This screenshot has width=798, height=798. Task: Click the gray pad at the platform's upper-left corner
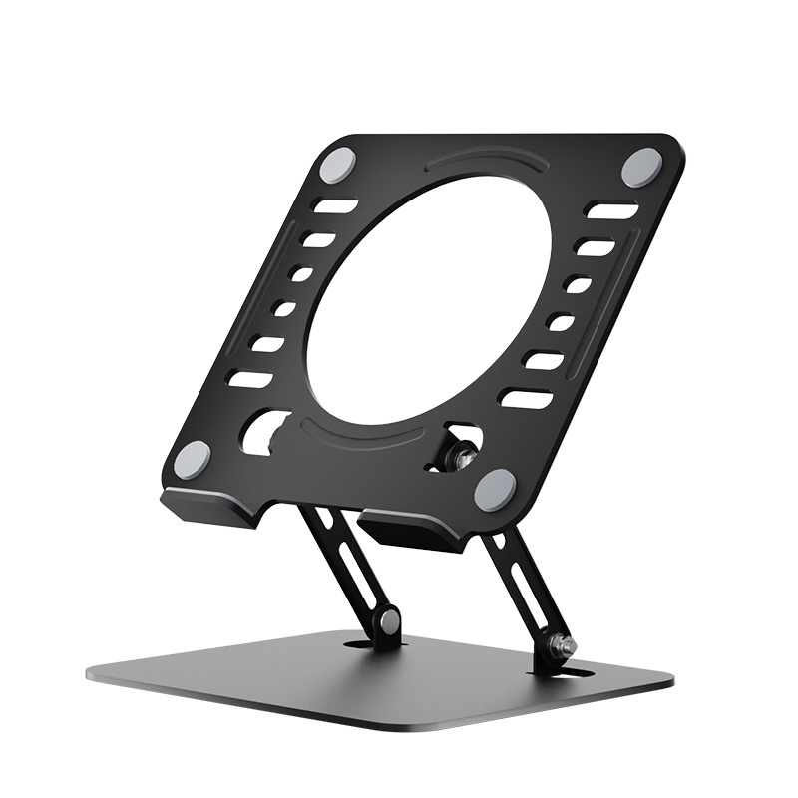[x=341, y=162]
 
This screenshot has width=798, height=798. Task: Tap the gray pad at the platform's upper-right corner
[x=641, y=166]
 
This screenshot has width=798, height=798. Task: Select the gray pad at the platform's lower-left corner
[x=192, y=459]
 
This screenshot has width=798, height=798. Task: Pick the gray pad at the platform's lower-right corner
[x=495, y=490]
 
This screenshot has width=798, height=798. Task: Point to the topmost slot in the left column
[x=337, y=207]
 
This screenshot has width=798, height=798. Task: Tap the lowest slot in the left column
[x=248, y=378]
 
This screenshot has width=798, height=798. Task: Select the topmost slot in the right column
[x=611, y=210]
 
